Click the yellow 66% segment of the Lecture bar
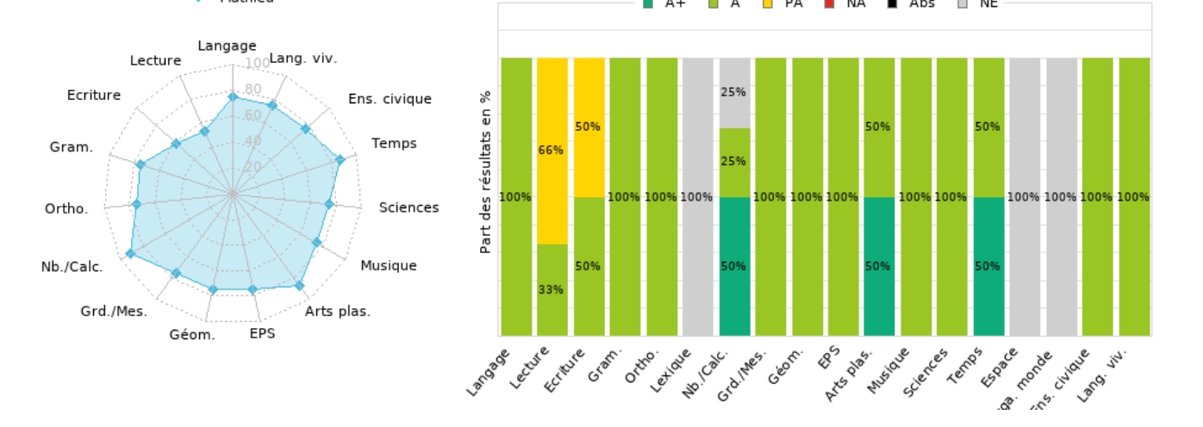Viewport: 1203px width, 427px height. point(552,151)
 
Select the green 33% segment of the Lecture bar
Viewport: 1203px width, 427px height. point(552,289)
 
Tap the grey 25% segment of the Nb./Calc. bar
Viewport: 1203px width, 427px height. point(734,93)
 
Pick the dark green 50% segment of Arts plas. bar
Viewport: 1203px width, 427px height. point(878,266)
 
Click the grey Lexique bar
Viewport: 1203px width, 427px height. point(698,196)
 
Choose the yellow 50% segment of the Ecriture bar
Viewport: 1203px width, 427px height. point(589,127)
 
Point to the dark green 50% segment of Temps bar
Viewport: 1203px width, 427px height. point(988,266)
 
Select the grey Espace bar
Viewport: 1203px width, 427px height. point(1025,196)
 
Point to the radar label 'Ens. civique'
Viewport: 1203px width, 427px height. point(390,99)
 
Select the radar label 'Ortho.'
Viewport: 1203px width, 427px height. point(66,209)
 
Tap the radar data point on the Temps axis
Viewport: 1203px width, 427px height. point(340,159)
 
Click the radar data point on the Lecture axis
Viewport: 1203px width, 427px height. point(204,131)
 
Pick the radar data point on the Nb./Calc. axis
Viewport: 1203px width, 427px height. point(130,253)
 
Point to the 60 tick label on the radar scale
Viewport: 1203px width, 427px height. point(252,115)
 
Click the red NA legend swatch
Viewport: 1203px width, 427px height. point(827,3)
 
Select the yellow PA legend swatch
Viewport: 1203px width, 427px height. point(769,3)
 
